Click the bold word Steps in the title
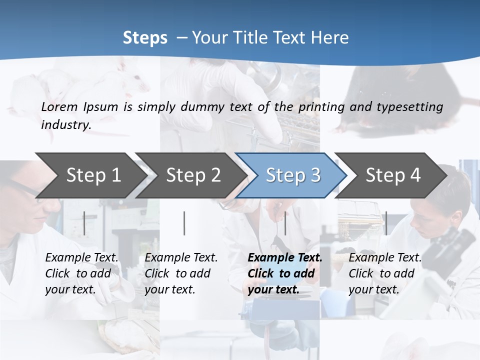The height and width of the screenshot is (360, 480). coord(145,38)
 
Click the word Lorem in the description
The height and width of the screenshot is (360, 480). coord(59,106)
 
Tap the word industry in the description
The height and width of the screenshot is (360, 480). coord(66,124)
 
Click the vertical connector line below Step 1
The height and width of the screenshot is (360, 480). coord(84,223)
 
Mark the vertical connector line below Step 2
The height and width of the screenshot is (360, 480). coord(184,223)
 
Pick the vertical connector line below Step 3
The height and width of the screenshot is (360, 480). coord(285,223)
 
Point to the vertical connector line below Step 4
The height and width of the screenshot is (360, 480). coord(386,223)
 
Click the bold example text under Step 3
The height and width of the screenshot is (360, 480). coord(284,273)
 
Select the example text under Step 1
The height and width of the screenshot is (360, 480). coord(81,273)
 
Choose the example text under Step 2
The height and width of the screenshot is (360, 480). coord(181,273)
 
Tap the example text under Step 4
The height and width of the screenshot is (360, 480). coord(385,273)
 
